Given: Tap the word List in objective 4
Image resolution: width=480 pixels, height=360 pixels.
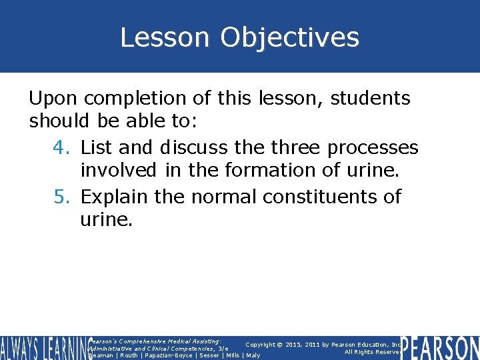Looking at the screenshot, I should (x=97, y=147).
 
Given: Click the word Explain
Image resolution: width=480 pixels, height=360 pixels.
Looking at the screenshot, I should (x=114, y=197).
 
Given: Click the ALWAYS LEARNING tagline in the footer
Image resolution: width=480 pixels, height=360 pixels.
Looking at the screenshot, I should (x=43, y=347).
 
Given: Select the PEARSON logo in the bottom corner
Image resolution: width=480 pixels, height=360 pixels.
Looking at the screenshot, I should (x=441, y=347).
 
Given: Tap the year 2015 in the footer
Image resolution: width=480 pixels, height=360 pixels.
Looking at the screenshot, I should (x=291, y=345).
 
